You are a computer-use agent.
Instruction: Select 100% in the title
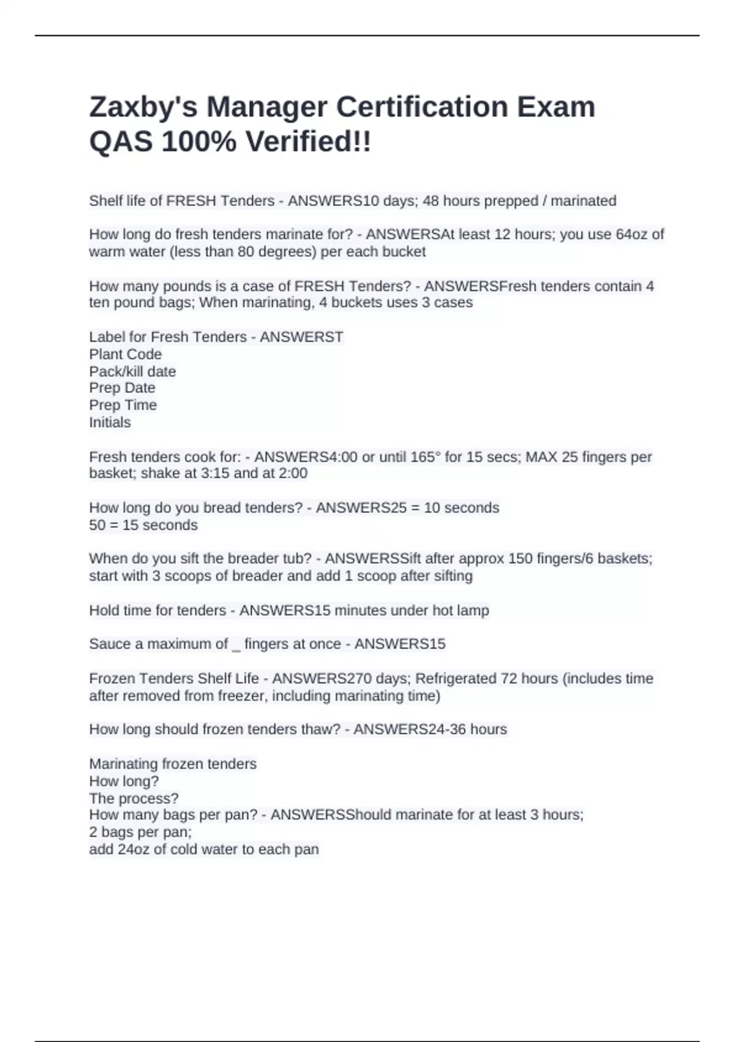198,142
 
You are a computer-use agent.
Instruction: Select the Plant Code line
126,354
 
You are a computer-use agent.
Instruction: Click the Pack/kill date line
132,371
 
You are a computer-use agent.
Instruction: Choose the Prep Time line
123,405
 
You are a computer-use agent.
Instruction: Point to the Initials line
110,422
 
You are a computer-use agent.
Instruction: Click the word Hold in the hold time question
104,610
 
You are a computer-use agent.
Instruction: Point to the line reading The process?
134,799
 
